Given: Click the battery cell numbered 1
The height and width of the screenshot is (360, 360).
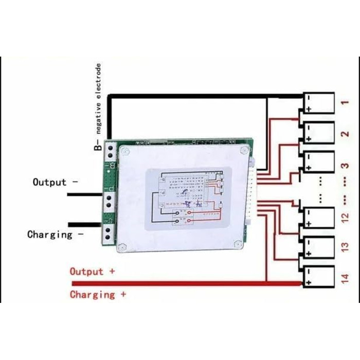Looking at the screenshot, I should point(318,103).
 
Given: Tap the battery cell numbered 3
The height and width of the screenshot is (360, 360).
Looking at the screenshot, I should point(318,163).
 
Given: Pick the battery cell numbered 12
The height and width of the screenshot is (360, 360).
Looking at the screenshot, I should point(318,218).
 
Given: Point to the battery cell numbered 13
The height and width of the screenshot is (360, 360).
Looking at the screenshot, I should point(318,248).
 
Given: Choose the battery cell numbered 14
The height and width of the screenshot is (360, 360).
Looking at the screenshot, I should point(318,278).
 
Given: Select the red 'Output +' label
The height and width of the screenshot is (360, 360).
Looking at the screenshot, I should point(93,271).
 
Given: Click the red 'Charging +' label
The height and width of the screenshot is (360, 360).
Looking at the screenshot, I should point(98,295).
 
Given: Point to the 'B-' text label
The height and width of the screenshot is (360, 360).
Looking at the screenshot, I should point(97,145).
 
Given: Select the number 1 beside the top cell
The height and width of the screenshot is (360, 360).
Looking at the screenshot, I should point(346,103).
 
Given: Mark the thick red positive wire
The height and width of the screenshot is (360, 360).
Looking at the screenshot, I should point(180,283).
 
